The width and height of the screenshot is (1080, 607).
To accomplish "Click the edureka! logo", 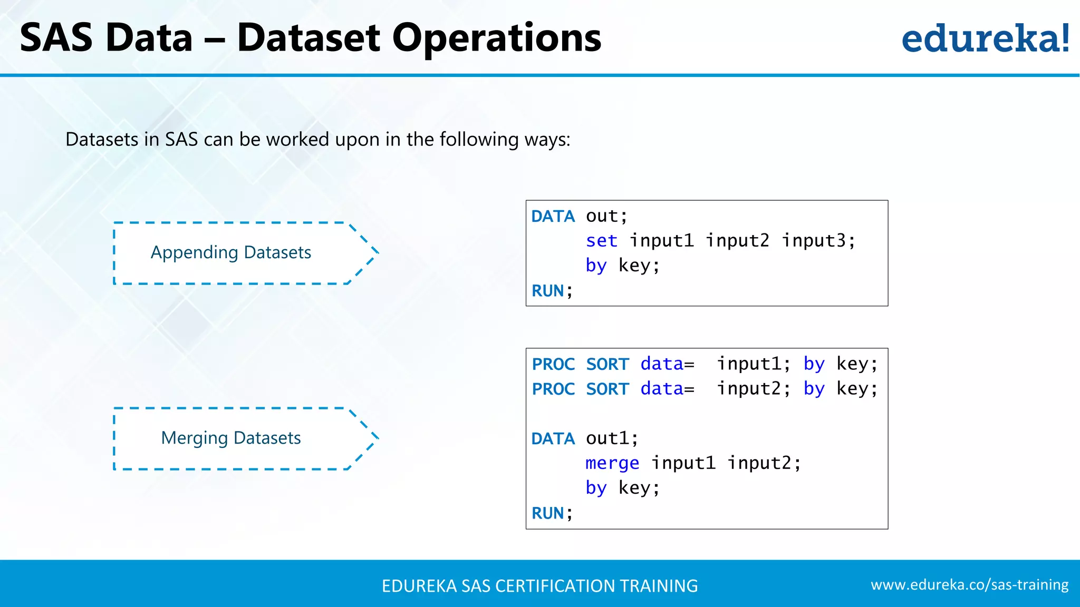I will point(985,38).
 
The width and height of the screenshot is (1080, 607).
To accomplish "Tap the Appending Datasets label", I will point(231,252).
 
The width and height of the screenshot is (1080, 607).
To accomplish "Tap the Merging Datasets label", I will point(231,438).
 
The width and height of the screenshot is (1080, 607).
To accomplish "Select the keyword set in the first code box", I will point(601,241).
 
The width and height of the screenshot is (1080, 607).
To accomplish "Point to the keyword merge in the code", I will point(612,463).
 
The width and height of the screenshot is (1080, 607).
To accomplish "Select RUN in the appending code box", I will point(547,291).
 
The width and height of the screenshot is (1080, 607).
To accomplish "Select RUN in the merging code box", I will point(547,513).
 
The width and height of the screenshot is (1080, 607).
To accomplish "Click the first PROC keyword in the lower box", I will point(553,364).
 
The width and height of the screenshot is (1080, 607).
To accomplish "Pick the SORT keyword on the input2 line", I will point(607,389).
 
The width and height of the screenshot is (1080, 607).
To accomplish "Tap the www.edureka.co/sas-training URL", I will point(969,585).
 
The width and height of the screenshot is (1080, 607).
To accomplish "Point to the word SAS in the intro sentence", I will point(181,140).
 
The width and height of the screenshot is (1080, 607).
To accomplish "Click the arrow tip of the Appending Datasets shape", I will point(376,252).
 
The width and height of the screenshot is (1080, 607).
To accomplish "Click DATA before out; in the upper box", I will point(553,217).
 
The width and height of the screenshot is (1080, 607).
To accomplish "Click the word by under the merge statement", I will point(596,488).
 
